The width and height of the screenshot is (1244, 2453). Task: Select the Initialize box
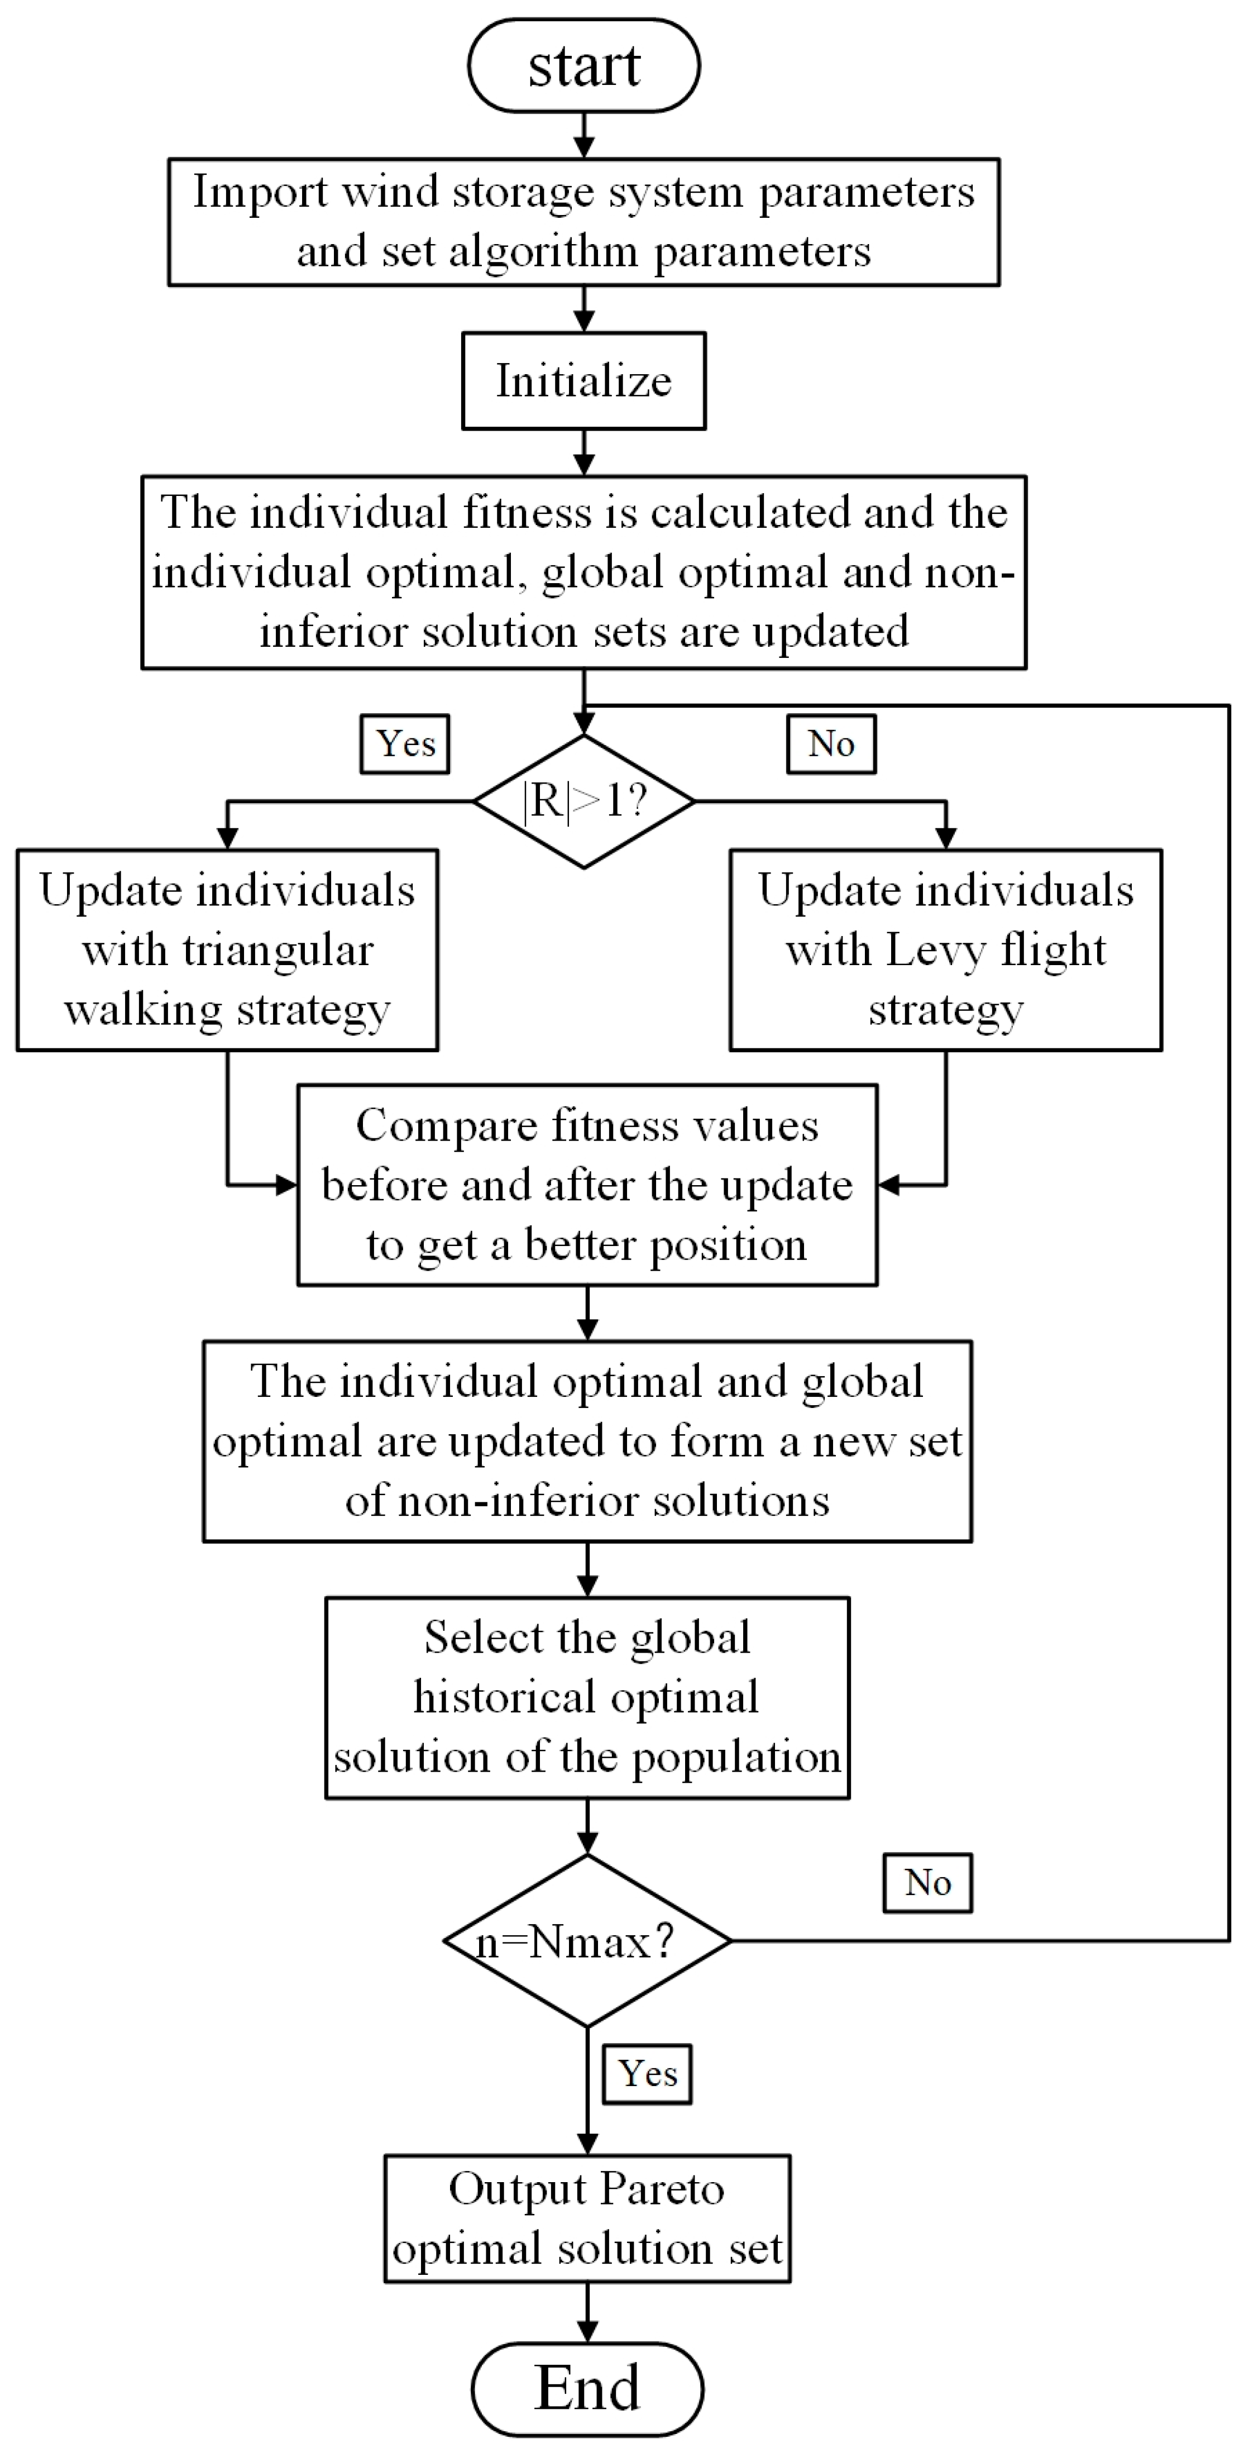pos(583,381)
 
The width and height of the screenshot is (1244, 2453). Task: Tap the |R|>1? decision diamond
pos(583,801)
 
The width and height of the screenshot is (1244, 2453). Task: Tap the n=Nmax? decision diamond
pos(587,1941)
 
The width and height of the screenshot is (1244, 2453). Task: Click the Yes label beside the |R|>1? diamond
pos(404,744)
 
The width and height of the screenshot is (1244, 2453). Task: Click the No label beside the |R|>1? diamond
pos(831,744)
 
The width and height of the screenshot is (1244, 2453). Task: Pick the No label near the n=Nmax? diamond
pos(927,1883)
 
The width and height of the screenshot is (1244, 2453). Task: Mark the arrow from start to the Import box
pos(583,135)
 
